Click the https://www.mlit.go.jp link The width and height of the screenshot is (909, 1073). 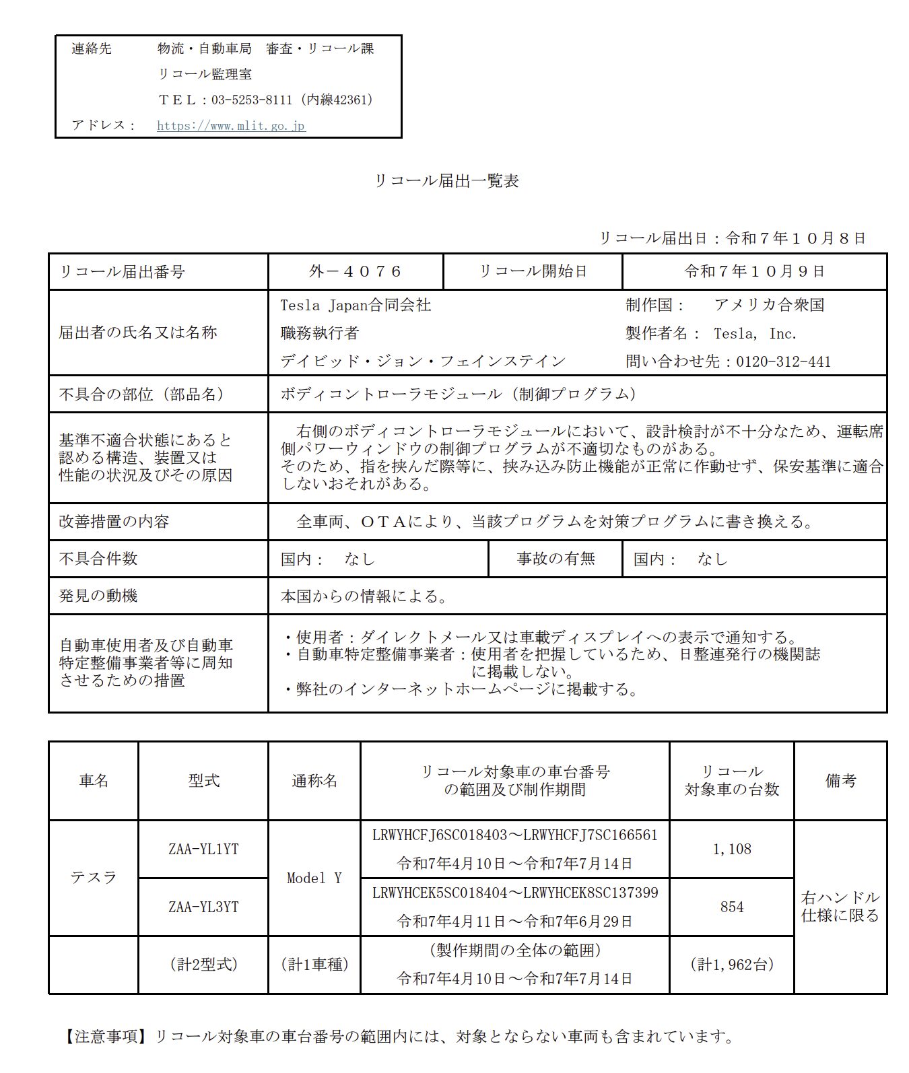[231, 126]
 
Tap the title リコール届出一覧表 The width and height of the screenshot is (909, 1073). [446, 181]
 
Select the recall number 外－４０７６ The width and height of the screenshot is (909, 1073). [355, 272]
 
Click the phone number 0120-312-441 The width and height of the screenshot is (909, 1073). [783, 362]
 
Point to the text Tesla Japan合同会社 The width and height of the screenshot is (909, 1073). [356, 306]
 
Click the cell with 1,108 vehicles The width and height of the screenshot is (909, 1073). [732, 850]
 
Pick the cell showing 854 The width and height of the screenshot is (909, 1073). [732, 907]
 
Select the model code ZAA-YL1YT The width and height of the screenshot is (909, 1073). [203, 850]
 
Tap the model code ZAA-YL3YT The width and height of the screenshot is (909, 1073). [203, 907]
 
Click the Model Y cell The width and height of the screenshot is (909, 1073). [314, 878]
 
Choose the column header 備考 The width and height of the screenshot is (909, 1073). [840, 781]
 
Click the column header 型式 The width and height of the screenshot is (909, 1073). [203, 781]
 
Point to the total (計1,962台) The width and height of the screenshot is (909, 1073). [732, 965]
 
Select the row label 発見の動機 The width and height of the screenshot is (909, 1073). [98, 596]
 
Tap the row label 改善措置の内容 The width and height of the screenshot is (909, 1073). [114, 522]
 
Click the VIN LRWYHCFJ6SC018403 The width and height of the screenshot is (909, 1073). [439, 835]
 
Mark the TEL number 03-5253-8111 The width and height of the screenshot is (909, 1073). [252, 100]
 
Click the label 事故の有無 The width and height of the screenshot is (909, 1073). [555, 559]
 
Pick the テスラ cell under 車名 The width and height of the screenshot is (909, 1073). [94, 878]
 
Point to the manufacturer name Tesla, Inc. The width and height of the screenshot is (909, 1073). [755, 334]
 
